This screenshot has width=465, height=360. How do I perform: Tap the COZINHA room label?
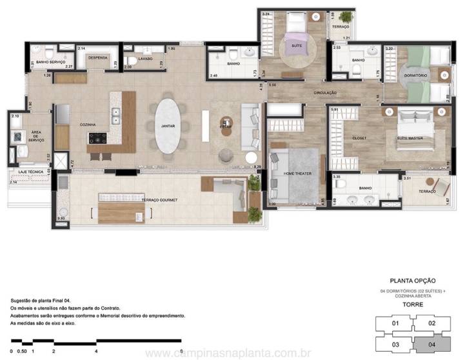tap(88, 125)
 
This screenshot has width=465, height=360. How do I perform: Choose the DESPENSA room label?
tap(97, 57)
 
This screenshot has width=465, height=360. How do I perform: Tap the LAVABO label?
tap(145, 59)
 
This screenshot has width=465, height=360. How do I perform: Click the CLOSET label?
tap(359, 138)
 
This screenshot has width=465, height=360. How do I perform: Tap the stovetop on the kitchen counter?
tap(98, 137)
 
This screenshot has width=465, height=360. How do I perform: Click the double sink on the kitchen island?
tap(117, 116)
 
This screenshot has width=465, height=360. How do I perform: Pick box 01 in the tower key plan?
tap(396, 324)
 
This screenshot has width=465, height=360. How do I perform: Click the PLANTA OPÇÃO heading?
tap(413, 281)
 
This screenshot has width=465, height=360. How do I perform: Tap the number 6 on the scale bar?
tap(183, 352)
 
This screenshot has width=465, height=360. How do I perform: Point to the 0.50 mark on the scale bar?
tap(22, 352)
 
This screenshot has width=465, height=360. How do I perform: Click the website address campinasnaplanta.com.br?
tap(228, 354)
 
